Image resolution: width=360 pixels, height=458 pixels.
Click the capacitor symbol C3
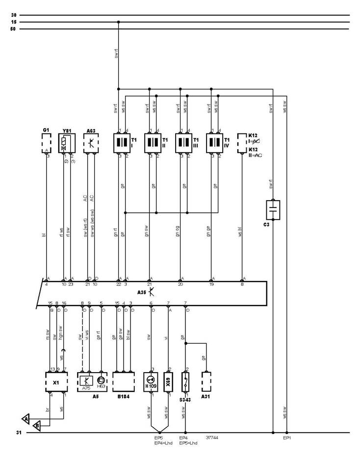point(273,210)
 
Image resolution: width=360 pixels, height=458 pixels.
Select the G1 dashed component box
point(47,144)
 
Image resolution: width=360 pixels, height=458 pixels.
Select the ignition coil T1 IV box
point(215,143)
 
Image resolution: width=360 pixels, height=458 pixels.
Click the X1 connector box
point(55,381)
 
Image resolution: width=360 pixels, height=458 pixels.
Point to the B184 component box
point(124,381)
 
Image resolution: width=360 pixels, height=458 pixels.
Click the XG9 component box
point(168,381)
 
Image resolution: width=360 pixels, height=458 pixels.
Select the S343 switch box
point(185,381)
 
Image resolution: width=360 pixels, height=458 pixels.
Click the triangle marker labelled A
point(25,418)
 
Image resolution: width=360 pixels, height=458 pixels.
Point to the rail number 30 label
point(13,15)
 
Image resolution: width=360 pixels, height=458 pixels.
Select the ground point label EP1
point(287,438)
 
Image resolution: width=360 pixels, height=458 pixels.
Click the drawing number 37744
point(212,438)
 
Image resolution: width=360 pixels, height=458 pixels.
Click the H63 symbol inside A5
point(101,380)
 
